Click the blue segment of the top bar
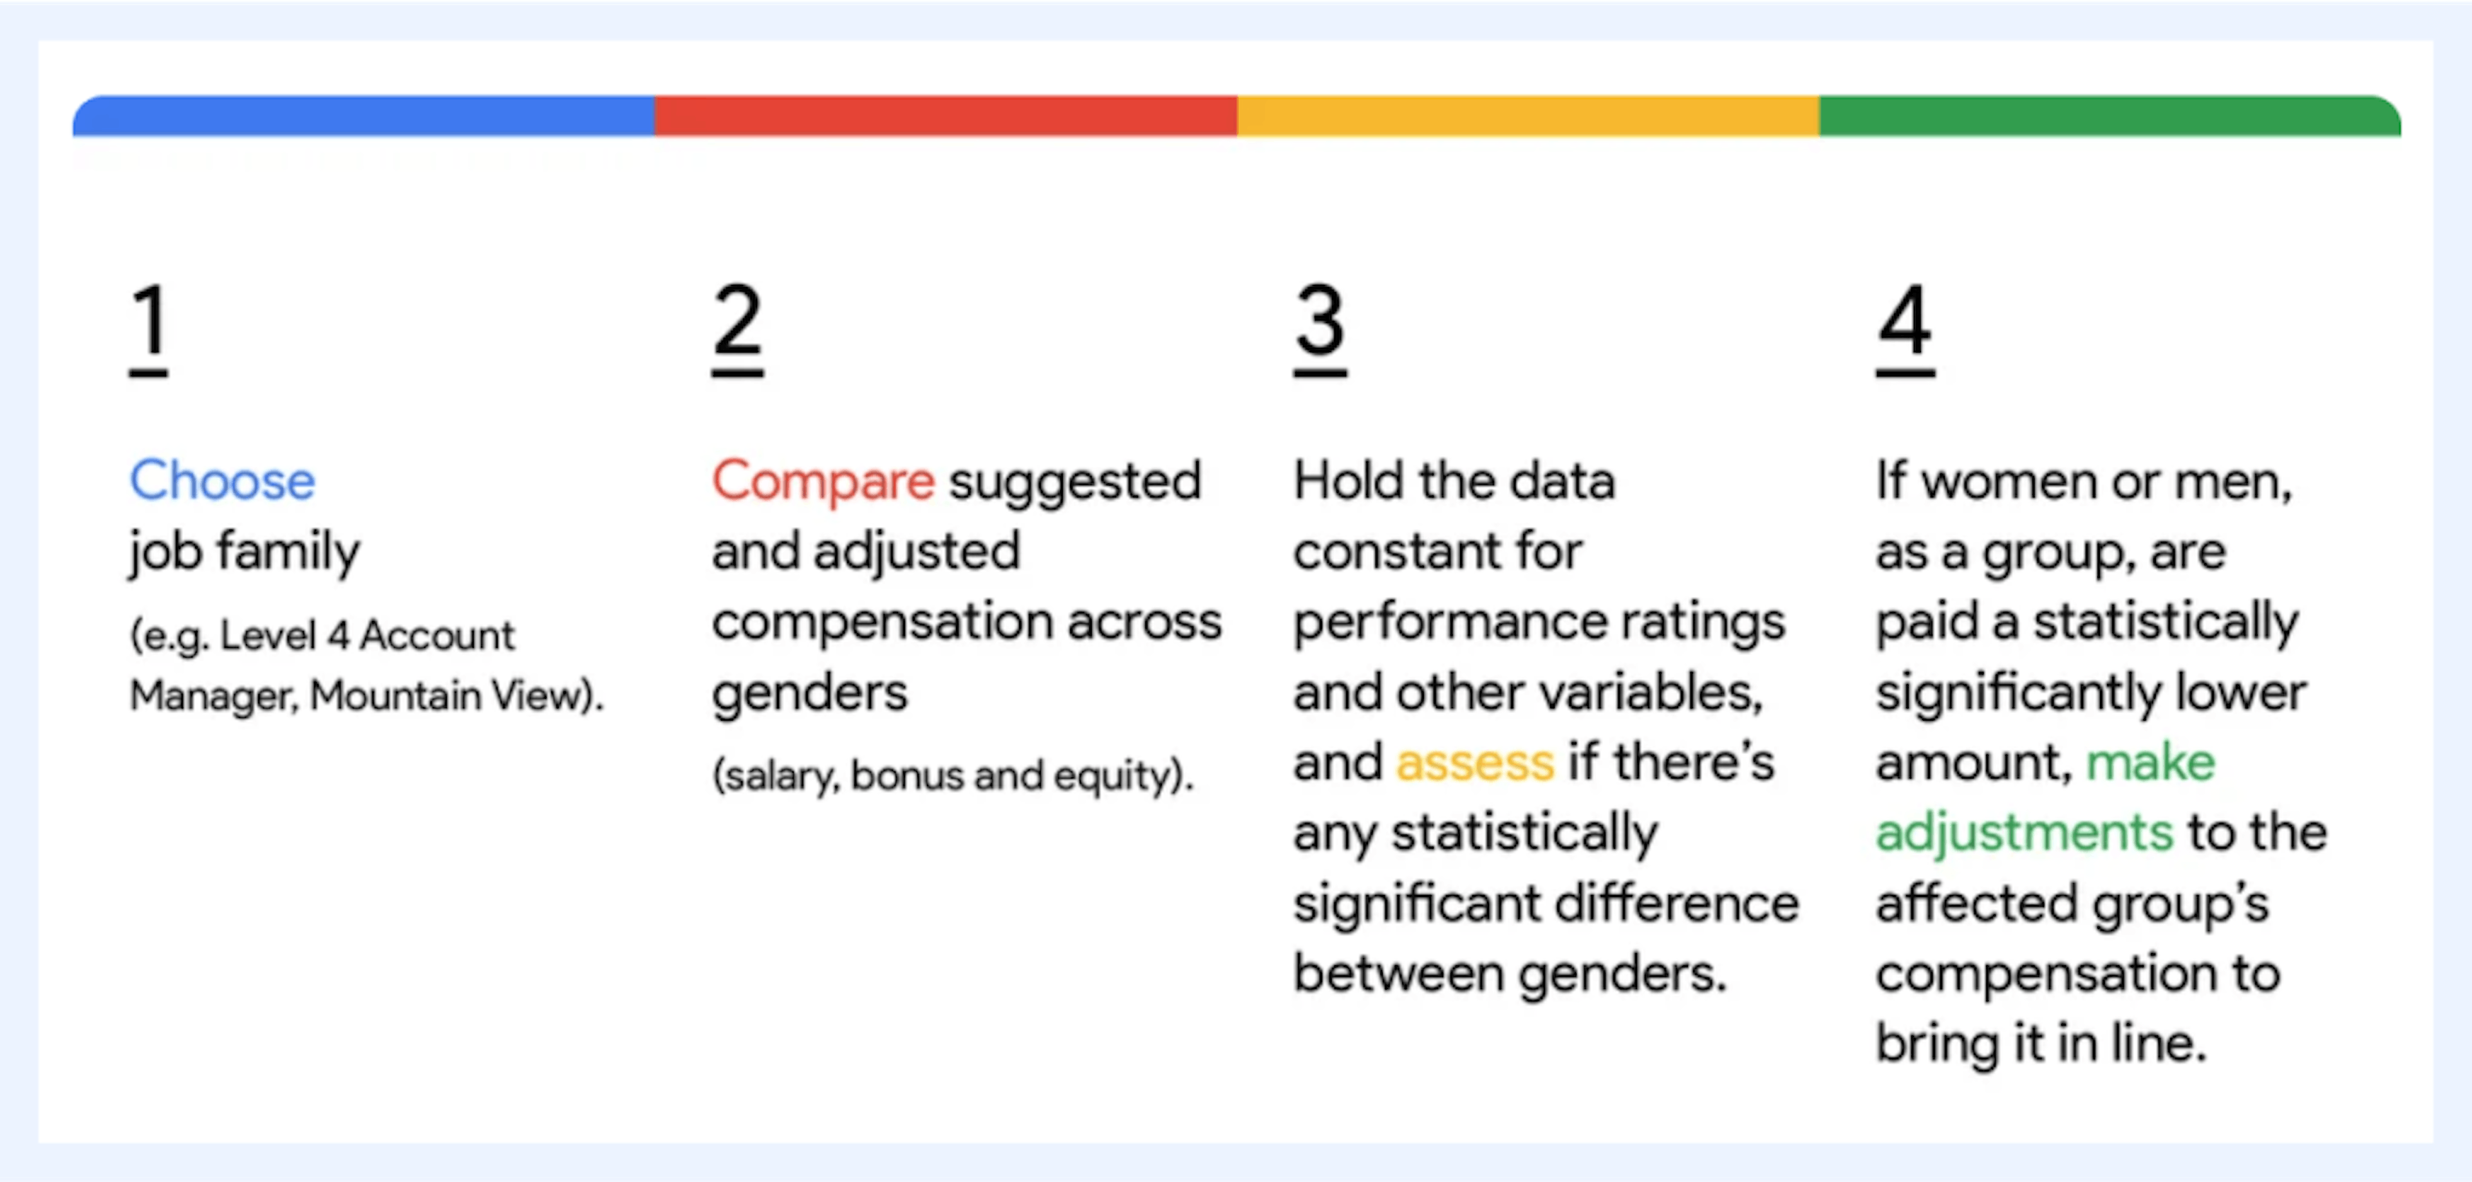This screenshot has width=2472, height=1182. point(364,116)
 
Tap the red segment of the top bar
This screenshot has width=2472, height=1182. point(946,116)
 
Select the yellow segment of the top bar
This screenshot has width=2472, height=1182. point(1528,116)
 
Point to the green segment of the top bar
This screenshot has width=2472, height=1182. point(2110,116)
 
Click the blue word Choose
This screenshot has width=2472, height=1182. point(221,481)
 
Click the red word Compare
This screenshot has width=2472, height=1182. point(823,481)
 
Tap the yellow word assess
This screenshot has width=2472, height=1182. point(1474,762)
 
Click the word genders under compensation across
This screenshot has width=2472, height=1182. point(809,693)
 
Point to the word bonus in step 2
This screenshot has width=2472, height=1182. point(905,776)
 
